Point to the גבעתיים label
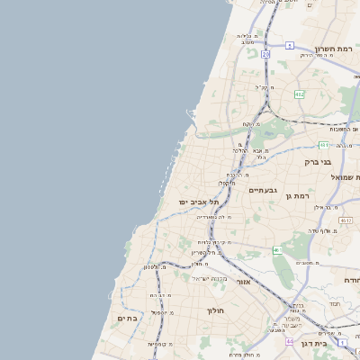click(263, 190)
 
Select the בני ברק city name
click(319, 162)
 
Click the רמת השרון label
click(337, 49)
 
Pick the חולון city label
click(214, 310)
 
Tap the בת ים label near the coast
click(126, 318)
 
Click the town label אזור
click(243, 282)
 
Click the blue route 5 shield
click(290, 44)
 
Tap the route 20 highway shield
click(265, 55)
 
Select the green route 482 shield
click(299, 93)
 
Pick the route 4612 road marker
click(346, 219)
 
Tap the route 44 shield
click(290, 342)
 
